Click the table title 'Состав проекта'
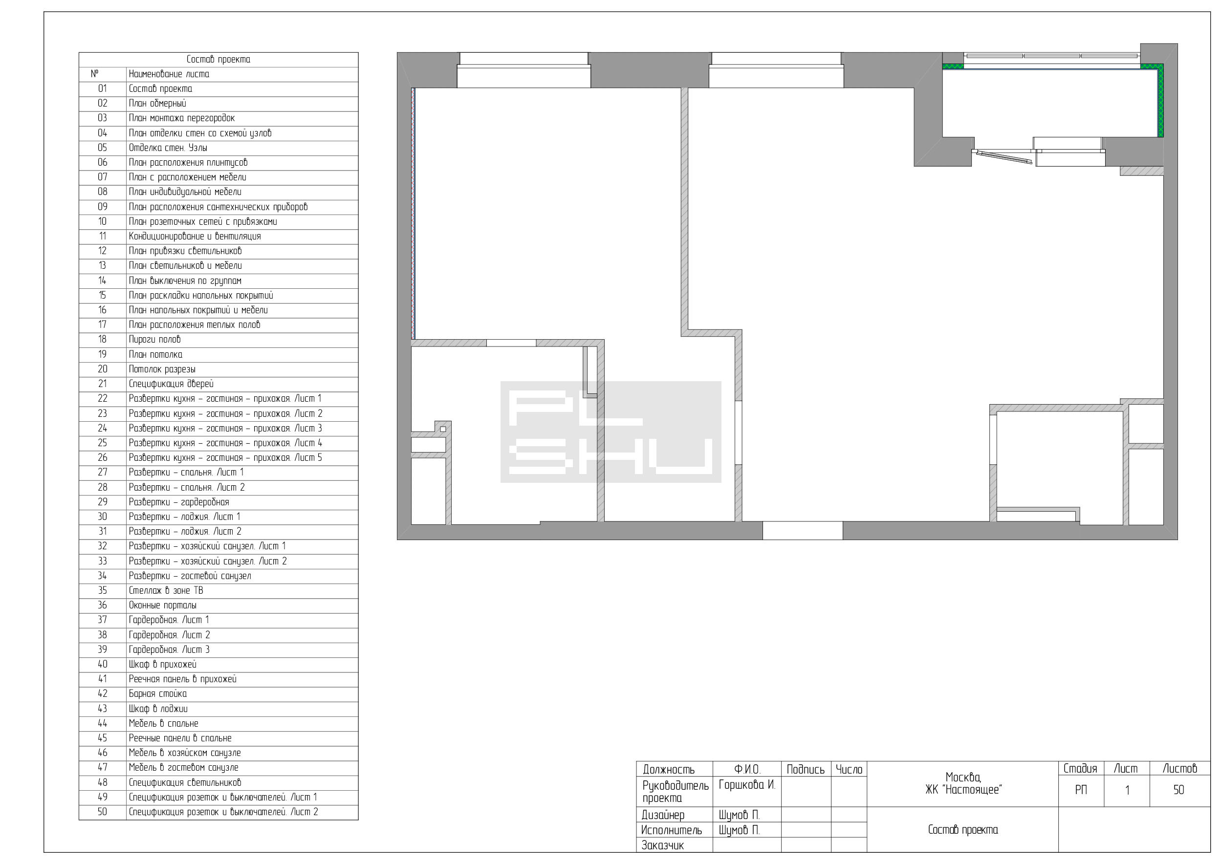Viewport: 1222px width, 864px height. pyautogui.click(x=218, y=60)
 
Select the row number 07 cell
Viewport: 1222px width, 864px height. pyautogui.click(x=102, y=177)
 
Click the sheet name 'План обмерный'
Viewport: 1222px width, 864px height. pyautogui.click(x=157, y=104)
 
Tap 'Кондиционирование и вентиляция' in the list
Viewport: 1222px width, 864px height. pyautogui.click(x=195, y=236)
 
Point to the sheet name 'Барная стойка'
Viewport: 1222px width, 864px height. pyautogui.click(x=157, y=694)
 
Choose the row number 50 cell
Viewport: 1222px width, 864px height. pyautogui.click(x=102, y=812)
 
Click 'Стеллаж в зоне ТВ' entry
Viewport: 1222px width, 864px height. pyautogui.click(x=166, y=590)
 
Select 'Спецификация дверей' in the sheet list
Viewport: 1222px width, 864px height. pyautogui.click(x=171, y=384)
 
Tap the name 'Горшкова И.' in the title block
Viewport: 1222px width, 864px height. pyautogui.click(x=747, y=785)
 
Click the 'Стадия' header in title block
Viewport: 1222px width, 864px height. pyautogui.click(x=1080, y=769)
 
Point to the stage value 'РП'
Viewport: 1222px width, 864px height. pyautogui.click(x=1081, y=790)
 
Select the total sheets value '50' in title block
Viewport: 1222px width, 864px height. pyautogui.click(x=1179, y=790)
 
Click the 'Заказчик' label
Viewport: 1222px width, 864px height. pyautogui.click(x=663, y=845)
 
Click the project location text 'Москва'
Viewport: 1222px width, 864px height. pyautogui.click(x=963, y=778)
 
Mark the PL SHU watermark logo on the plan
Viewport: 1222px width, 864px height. pyautogui.click(x=611, y=432)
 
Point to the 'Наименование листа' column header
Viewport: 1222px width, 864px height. pyautogui.click(x=169, y=74)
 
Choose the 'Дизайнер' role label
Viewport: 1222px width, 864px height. pyautogui.click(x=663, y=815)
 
